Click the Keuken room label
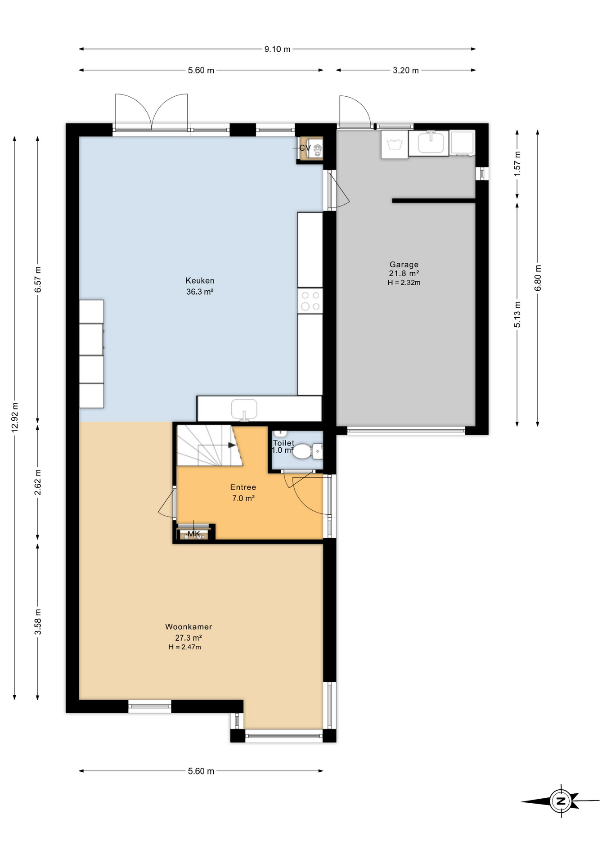[x=200, y=280]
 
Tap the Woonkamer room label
[x=189, y=626]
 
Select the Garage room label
[x=404, y=265]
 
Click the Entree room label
[x=243, y=487]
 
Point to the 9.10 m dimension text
[x=277, y=49]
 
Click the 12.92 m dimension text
[x=15, y=417]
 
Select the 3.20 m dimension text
[x=406, y=70]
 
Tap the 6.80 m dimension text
[x=538, y=278]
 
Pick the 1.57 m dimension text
[x=517, y=163]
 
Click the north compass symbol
[x=561, y=801]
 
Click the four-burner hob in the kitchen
[x=310, y=301]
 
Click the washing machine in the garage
[x=395, y=144]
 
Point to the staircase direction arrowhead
[x=232, y=445]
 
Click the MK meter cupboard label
[x=194, y=534]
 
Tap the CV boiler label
[x=305, y=148]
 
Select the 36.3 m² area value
[x=200, y=292]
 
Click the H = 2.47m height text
[x=184, y=647]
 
